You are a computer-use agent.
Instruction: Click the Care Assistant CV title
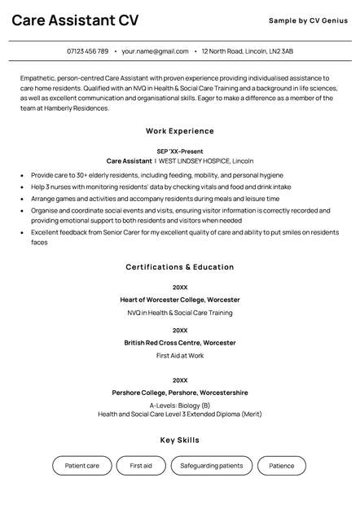75,20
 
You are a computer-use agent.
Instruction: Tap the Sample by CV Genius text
310,20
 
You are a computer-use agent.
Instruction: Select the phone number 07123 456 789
87,51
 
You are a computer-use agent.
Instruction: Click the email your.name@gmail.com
155,51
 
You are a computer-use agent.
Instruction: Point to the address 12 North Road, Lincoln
248,51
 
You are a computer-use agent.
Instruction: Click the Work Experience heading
180,131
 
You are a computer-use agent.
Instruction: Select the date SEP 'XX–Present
180,151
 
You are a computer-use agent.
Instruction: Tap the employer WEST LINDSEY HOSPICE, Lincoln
206,161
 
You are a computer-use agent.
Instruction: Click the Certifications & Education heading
180,267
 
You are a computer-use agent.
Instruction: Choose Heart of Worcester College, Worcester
180,300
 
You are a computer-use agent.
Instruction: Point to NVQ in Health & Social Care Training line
180,313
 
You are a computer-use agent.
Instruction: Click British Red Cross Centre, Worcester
180,343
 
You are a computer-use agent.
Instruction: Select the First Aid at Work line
180,356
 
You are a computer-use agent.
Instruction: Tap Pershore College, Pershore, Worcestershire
180,393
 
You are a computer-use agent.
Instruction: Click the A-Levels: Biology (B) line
180,405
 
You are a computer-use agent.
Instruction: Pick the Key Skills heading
180,441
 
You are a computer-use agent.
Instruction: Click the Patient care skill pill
82,466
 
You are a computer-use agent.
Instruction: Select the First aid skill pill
141,466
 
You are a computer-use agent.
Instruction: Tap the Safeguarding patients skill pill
212,466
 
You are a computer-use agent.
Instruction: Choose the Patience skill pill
282,466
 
